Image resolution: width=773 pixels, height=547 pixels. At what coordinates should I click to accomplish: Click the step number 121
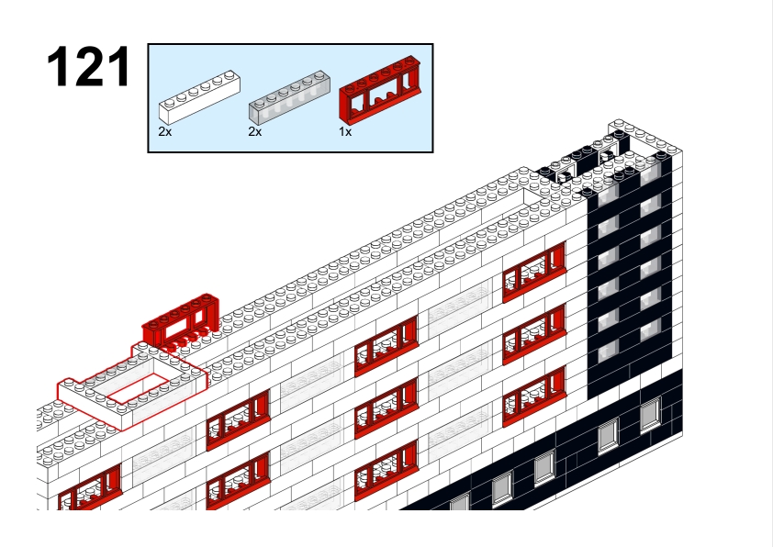pos(89,66)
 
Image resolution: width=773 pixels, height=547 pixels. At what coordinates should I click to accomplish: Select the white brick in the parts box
pos(199,97)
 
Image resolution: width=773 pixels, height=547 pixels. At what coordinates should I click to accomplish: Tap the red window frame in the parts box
pos(379,90)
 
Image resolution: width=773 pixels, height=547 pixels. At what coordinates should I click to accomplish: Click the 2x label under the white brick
pos(164,131)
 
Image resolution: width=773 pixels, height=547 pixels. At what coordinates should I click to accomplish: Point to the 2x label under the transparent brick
pos(255,131)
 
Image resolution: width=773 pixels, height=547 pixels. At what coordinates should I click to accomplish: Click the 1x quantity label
pos(345,131)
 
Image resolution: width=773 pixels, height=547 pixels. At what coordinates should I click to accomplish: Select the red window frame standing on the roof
pos(181,323)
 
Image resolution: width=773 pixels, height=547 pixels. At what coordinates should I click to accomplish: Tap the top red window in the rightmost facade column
pos(534,272)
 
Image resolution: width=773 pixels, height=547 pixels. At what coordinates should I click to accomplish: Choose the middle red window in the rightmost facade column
pos(534,334)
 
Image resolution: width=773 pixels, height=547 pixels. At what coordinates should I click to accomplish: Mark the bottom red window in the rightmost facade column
pos(534,396)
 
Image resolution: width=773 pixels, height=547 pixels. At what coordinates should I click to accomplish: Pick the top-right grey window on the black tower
pos(650,173)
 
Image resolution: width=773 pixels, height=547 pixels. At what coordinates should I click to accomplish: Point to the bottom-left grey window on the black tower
pos(608,350)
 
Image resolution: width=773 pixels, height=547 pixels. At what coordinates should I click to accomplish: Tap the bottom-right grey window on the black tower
pos(650,329)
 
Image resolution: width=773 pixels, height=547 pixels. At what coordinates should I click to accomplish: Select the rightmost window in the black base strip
pos(651,415)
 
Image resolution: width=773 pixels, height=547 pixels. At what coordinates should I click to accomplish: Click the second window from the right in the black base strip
pos(609,436)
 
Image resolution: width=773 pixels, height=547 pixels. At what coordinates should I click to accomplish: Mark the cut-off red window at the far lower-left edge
pos(89,488)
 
